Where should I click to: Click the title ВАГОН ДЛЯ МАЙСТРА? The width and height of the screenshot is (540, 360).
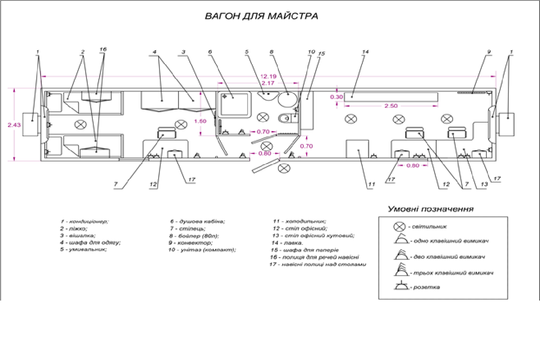coord(261,16)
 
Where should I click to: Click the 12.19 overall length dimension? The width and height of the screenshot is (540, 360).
coord(268,76)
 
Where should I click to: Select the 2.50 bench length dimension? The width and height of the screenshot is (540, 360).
coord(391,106)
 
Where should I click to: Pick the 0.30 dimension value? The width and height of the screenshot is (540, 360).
coord(337,97)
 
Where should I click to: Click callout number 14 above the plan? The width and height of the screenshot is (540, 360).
coord(365,52)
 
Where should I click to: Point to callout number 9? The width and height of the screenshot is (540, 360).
coord(489,52)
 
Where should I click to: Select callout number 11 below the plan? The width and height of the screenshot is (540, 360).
coord(371,184)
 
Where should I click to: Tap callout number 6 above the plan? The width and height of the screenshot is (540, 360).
coord(210,52)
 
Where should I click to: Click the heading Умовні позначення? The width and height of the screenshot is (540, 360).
coord(430,209)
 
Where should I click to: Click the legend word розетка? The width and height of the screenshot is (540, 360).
coord(427,287)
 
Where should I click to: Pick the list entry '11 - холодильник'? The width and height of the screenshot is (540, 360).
coord(300,221)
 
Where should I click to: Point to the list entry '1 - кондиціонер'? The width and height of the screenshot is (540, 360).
coord(84,221)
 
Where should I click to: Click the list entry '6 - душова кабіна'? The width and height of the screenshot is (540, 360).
coord(197,221)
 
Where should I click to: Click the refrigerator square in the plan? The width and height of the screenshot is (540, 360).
coord(357,150)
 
